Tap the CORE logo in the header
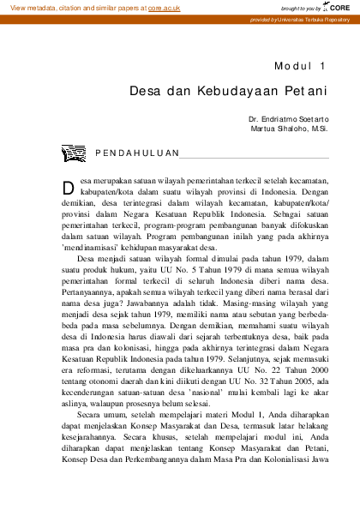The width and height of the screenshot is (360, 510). [x=337, y=7]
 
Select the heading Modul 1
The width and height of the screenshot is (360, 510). [x=301, y=66]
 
